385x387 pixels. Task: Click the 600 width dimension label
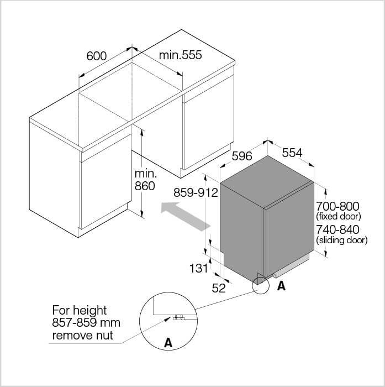(x=97, y=56)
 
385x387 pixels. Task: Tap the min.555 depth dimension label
(x=180, y=55)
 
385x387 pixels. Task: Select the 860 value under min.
(x=145, y=186)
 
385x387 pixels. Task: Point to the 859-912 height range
(x=196, y=192)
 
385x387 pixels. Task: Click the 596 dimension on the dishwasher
(x=242, y=156)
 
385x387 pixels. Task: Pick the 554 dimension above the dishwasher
(x=292, y=153)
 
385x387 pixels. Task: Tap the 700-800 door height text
(x=337, y=206)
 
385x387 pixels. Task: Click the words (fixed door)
(x=339, y=216)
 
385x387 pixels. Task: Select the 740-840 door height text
(x=337, y=229)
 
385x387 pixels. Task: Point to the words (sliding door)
(x=341, y=239)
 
